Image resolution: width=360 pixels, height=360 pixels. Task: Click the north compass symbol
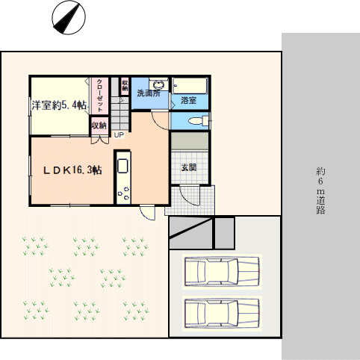(x=69, y=17)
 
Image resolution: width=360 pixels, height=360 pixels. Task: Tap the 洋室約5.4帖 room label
(x=59, y=105)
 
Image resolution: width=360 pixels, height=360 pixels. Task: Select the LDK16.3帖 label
(x=72, y=170)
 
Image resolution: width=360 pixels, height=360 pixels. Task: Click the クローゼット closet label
(x=99, y=96)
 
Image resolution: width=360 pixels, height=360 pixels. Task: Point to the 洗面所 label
(x=149, y=93)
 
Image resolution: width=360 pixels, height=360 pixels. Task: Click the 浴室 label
(x=188, y=100)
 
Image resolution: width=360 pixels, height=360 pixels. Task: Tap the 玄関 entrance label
(x=188, y=167)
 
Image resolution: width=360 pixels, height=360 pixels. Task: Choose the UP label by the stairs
(x=119, y=135)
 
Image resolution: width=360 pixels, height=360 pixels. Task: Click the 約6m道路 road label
(x=320, y=190)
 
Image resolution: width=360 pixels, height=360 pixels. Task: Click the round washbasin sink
(x=158, y=84)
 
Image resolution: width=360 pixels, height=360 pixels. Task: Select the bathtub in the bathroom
(x=190, y=86)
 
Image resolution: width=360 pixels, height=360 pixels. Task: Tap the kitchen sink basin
(x=122, y=166)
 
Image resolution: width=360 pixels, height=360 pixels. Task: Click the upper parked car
(x=222, y=272)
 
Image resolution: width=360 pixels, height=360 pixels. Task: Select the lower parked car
(x=222, y=314)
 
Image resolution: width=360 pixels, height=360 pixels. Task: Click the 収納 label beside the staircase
(x=125, y=85)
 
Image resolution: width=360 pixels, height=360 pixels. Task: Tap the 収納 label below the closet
(x=99, y=125)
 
